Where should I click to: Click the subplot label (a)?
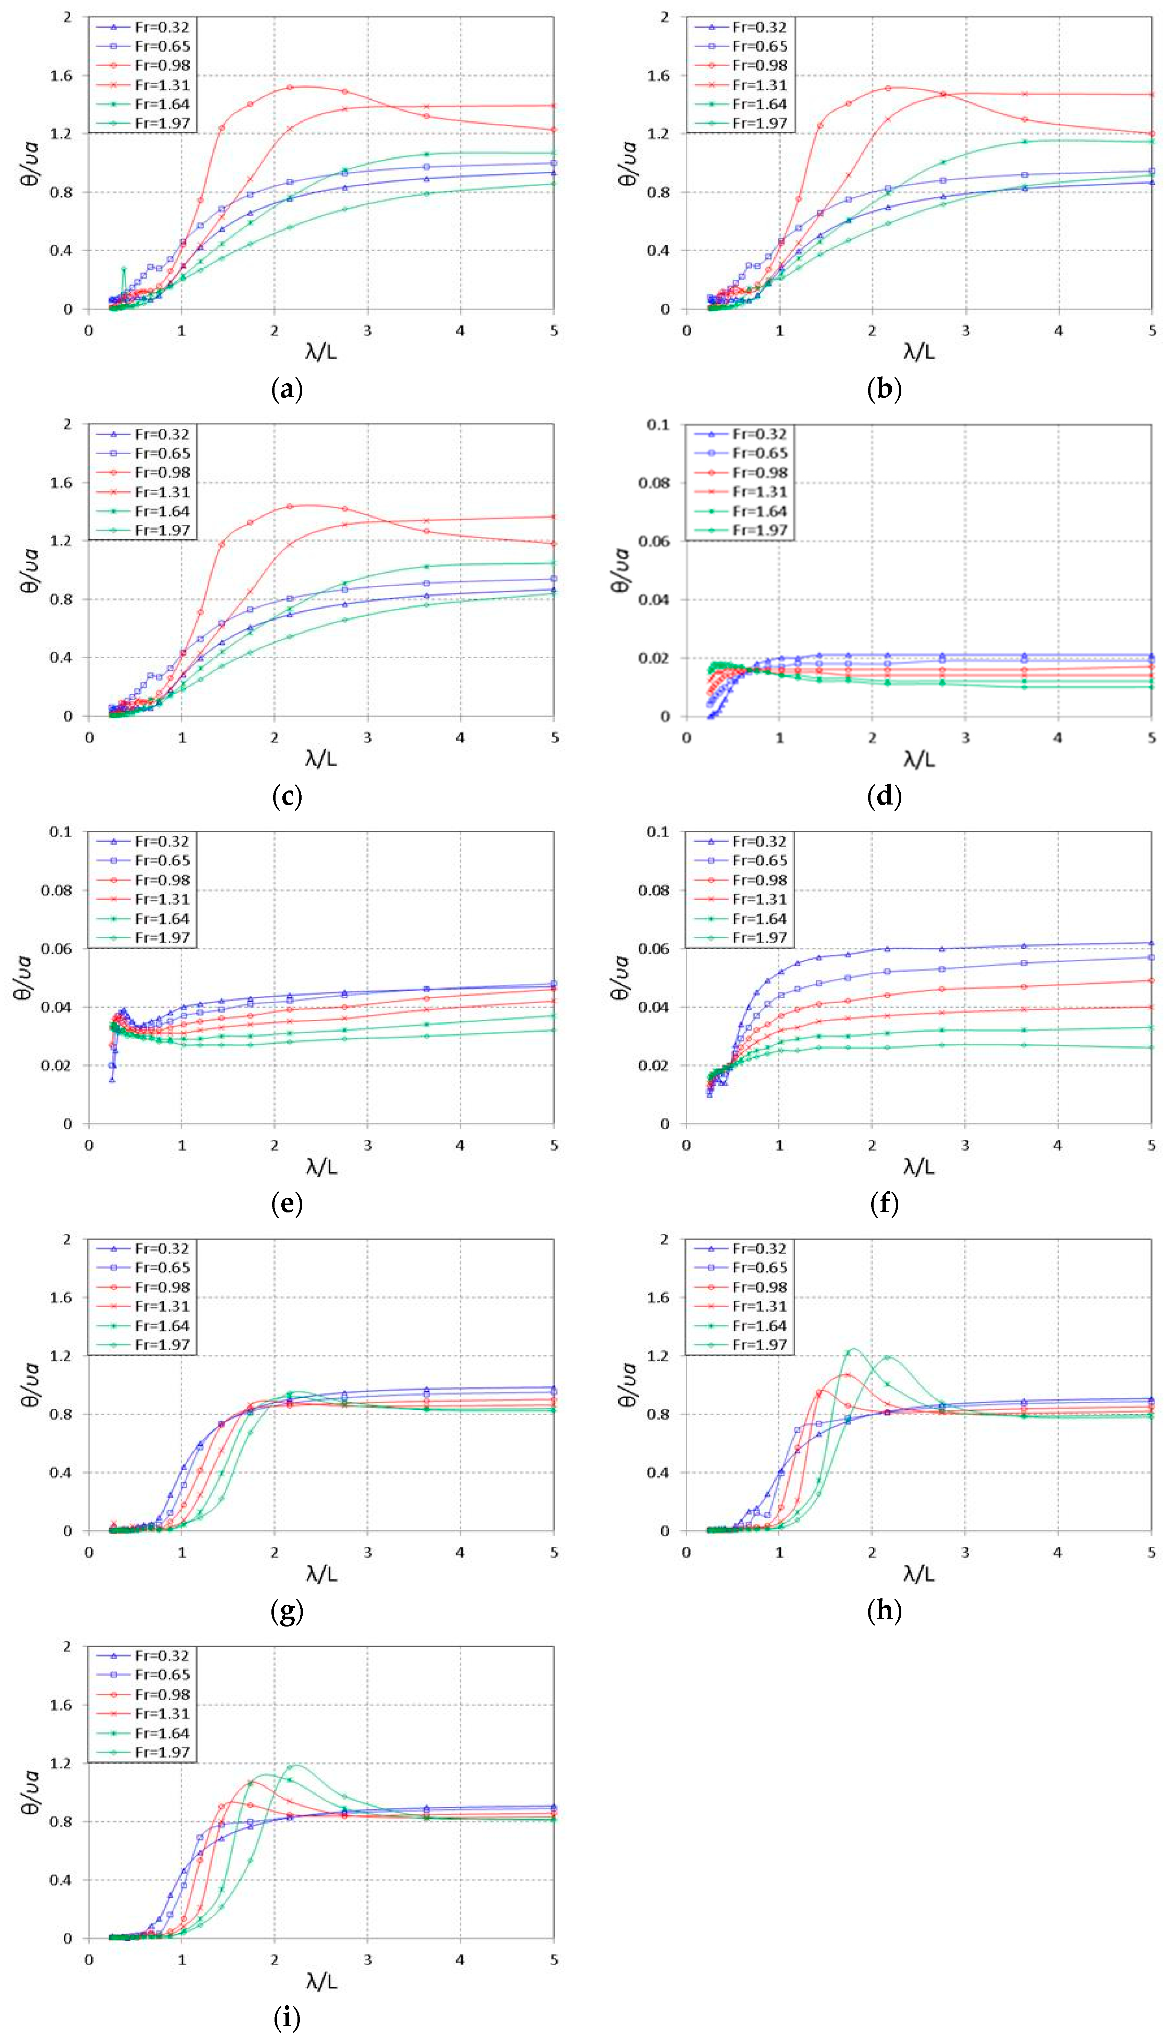tap(287, 390)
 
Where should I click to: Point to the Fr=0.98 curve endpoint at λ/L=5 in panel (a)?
tap(554, 129)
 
